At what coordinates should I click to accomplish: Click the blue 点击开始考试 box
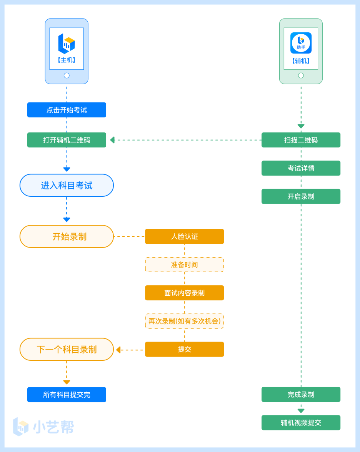coord(67,110)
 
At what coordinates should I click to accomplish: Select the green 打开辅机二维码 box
coord(67,140)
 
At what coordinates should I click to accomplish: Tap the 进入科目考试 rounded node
coord(67,185)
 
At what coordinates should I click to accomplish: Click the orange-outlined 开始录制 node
coord(67,236)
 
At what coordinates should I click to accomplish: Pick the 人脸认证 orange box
coord(184,236)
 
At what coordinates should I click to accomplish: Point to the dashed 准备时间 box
coord(184,265)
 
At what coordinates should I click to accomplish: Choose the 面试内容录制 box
coord(184,293)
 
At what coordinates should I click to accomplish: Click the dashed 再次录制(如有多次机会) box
coord(184,321)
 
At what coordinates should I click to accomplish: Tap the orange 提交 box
coord(184,349)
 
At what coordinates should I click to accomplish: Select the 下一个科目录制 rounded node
coord(67,349)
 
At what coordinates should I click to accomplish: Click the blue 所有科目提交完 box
coord(67,395)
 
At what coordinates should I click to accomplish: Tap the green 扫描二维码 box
coord(301,140)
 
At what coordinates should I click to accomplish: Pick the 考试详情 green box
coord(301,168)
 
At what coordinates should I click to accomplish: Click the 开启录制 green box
coord(301,196)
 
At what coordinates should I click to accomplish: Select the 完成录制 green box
coord(301,395)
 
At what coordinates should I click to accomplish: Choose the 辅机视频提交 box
coord(301,423)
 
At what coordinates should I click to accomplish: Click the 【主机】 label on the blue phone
coord(67,60)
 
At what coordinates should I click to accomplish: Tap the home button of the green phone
coord(301,75)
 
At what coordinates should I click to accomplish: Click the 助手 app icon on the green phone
coord(301,43)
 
